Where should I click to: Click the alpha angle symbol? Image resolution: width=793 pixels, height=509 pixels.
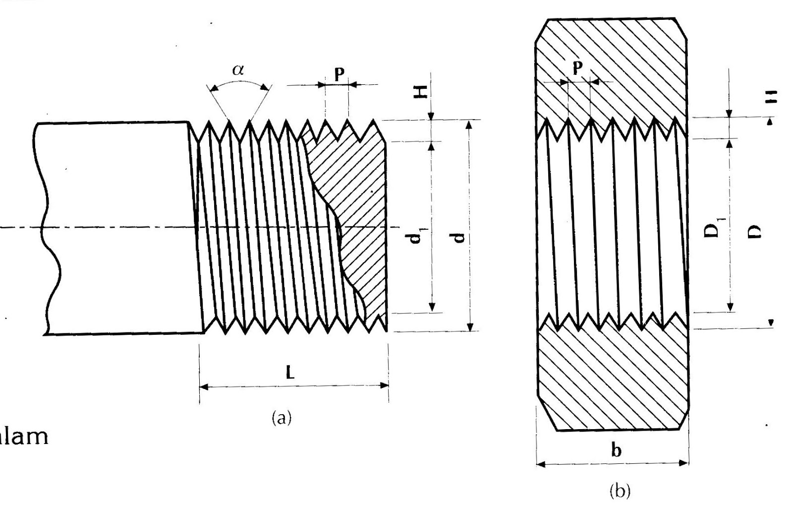(x=238, y=70)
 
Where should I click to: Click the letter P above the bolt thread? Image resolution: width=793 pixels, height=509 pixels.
(x=339, y=74)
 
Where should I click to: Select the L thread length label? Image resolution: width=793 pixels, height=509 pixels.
(x=290, y=373)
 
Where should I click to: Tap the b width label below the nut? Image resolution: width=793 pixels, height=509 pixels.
(x=616, y=450)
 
